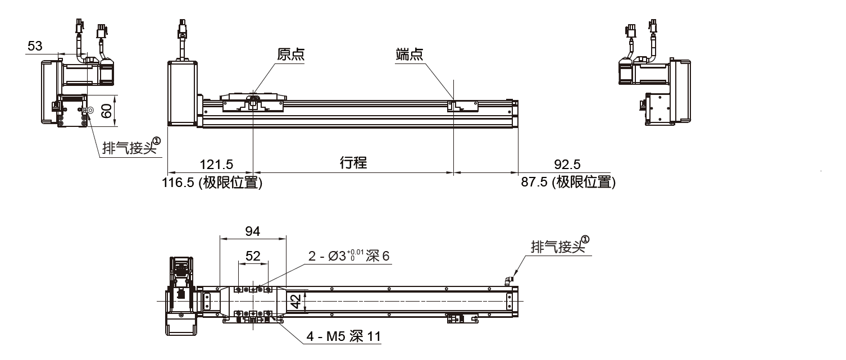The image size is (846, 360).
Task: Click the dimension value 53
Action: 35,47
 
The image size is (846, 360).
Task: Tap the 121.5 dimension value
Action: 216,165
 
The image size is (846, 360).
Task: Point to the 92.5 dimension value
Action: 567,165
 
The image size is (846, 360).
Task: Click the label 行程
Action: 353,163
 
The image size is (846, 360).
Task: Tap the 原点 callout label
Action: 291,54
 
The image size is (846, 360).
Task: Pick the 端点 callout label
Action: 409,54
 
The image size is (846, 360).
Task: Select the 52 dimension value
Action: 253,256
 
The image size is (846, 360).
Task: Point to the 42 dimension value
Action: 297,303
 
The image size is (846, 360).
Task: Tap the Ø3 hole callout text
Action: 348,256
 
